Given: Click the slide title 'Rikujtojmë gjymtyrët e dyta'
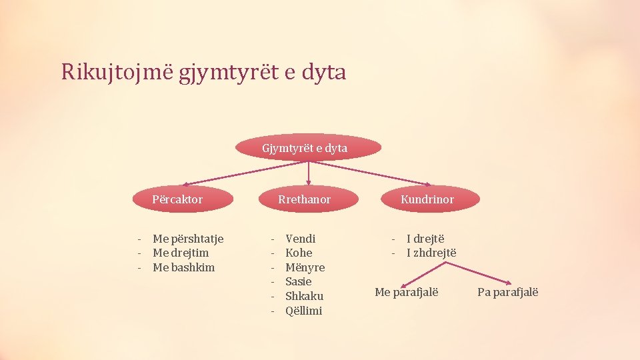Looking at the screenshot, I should tap(203, 71).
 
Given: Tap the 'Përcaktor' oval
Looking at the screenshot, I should tap(177, 199).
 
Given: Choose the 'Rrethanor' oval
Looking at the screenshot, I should tap(305, 199).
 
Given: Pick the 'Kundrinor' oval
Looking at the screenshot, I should tap(427, 199).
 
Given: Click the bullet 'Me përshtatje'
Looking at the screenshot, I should tap(188, 239).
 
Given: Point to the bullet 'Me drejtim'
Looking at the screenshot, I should tap(181, 253).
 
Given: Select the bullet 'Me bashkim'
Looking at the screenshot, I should tap(184, 267).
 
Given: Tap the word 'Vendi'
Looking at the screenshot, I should tap(301, 239).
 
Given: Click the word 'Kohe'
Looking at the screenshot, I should tap(299, 253).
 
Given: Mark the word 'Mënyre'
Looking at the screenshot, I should tap(305, 267).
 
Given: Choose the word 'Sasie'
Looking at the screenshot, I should tap(299, 281).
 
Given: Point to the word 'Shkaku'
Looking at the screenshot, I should tap(305, 296).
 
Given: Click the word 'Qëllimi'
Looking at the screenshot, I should tap(304, 311).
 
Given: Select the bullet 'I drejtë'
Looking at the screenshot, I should tap(425, 239).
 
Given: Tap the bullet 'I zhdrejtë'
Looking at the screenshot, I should tap(431, 253).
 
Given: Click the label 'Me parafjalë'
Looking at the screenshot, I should tap(407, 292).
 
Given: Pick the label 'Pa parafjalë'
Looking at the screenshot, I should tap(508, 292).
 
